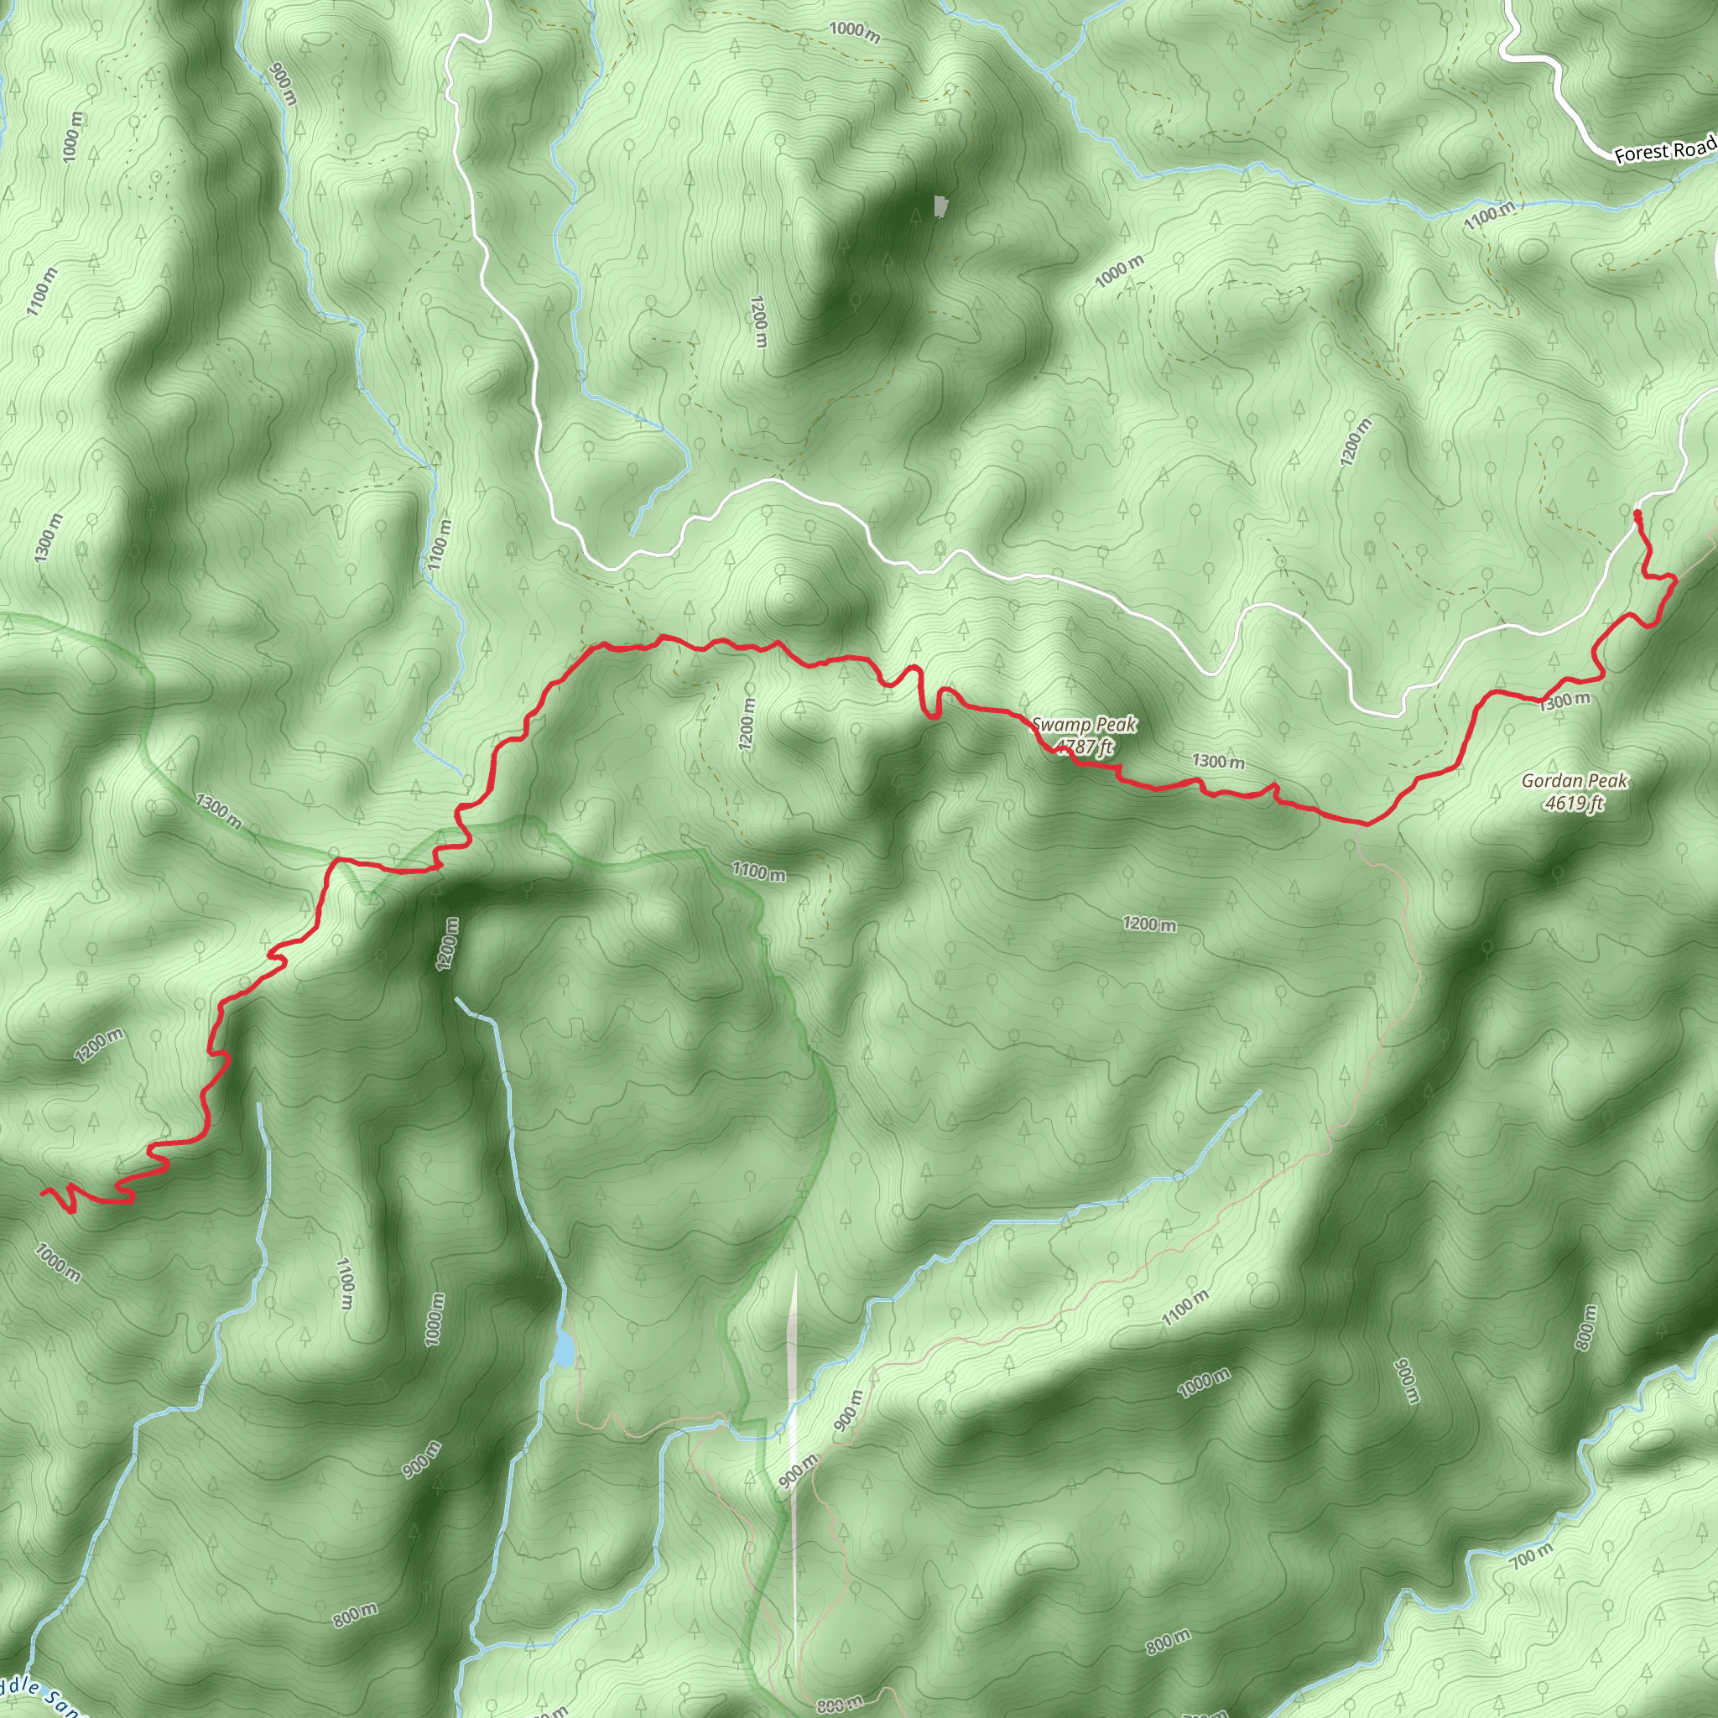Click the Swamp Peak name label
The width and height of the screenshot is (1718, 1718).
pos(1083,725)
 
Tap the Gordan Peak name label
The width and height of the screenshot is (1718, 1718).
pos(1574,781)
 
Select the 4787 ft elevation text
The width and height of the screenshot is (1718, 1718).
pos(1083,746)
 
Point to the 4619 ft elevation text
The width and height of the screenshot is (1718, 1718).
pos(1574,803)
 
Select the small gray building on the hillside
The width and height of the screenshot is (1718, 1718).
pos(940,206)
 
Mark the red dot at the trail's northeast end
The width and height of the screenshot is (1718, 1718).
pos(1637,514)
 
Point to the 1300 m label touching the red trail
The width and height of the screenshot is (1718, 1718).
pos(1564,700)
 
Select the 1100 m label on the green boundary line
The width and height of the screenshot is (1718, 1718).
pos(758,872)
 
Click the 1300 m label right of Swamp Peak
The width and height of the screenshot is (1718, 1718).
pos(1218,761)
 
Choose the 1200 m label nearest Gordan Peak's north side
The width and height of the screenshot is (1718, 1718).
pos(1351,441)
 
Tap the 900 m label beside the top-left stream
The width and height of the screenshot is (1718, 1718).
pos(281,84)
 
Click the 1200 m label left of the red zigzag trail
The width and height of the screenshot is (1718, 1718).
pos(99,1046)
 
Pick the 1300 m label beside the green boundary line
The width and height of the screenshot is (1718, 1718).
pos(218,811)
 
